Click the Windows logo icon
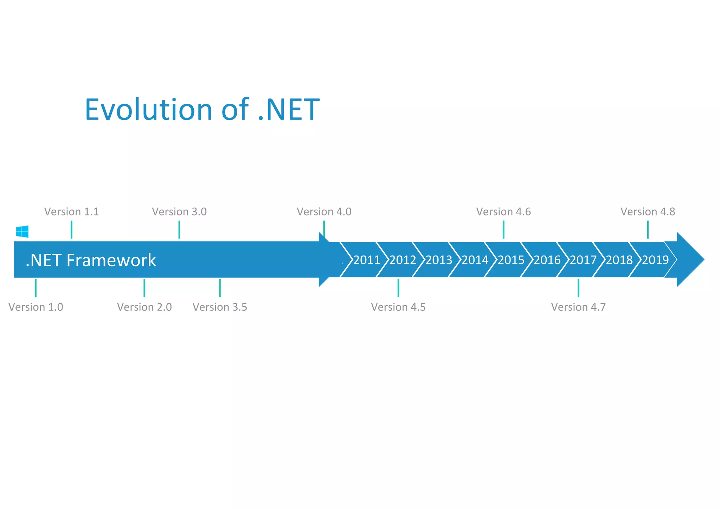coord(22,232)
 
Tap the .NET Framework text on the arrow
coord(91,260)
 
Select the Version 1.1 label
coord(71,212)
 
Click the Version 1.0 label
coord(36,307)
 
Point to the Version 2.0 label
coord(144,307)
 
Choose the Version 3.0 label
coord(179,212)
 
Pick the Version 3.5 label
coord(220,307)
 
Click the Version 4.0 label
coord(324,212)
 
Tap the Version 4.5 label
coord(398,307)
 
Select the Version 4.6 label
coord(503,212)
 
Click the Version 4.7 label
coord(578,307)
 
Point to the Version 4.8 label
coord(648,212)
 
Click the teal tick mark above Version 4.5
coord(398,288)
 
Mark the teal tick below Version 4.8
coord(648,230)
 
